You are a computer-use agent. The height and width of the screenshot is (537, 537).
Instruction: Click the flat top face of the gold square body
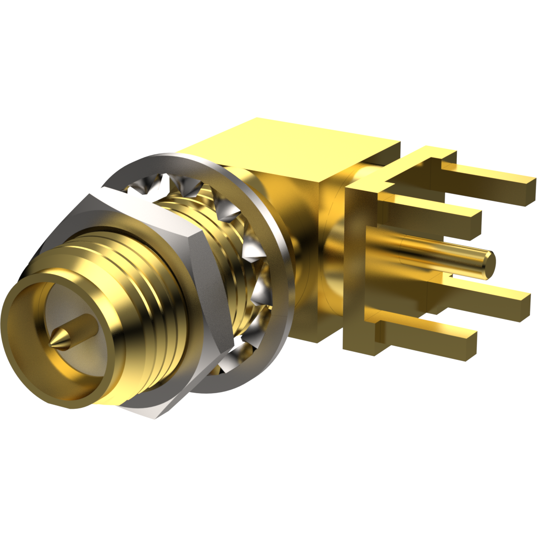tap(293, 146)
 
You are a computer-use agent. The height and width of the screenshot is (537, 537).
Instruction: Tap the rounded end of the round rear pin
tap(489, 263)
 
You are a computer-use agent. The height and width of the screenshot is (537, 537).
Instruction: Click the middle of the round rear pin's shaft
tap(434, 255)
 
